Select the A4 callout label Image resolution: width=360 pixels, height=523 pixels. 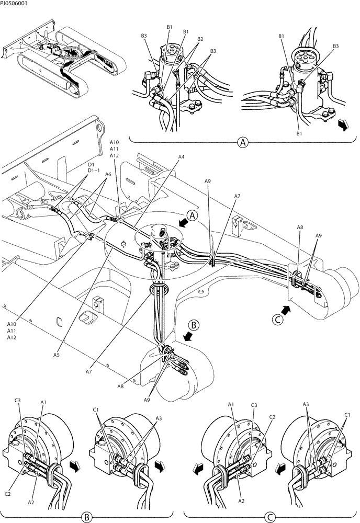(181, 156)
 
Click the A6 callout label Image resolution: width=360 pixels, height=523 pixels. (108, 175)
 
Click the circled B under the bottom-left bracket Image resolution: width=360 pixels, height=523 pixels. (86, 517)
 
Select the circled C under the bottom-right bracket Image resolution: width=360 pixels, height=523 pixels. (268, 517)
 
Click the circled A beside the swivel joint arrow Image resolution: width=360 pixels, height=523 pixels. (193, 215)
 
